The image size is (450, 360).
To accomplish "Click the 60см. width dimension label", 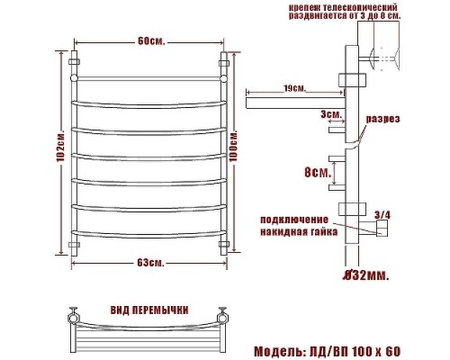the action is (x=151, y=41).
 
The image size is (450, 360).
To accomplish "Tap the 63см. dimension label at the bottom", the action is (x=151, y=263).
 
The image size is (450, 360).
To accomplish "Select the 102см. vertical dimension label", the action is (x=60, y=147).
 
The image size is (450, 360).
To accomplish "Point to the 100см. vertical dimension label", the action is (x=233, y=146).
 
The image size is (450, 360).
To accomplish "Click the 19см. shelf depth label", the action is (x=294, y=89).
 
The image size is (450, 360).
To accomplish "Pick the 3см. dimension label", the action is (x=331, y=114).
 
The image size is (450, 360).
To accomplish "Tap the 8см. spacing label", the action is (x=318, y=172).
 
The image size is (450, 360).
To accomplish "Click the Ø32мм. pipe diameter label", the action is (x=366, y=275).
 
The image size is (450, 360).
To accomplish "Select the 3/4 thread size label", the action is (x=382, y=215).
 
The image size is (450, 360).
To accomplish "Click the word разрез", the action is (x=382, y=119).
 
